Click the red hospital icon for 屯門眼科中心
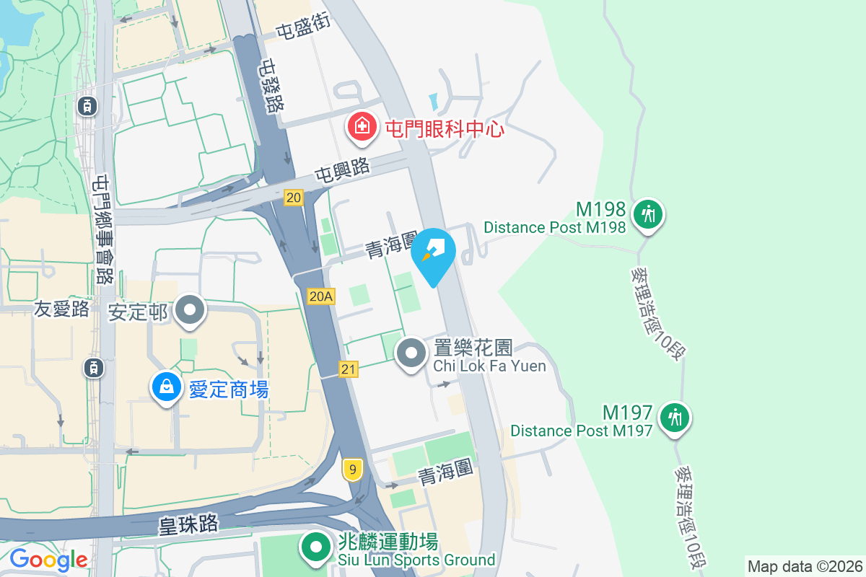tap(362, 127)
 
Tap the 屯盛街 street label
tap(304, 27)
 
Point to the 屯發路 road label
tap(272, 86)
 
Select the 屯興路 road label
tap(342, 171)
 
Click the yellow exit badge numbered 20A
tap(321, 296)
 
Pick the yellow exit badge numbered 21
tap(349, 369)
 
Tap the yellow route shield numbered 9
tap(352, 470)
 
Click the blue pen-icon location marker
tap(433, 253)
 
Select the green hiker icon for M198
tap(648, 214)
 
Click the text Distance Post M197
tap(581, 431)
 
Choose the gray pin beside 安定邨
tap(191, 310)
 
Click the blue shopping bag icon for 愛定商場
tap(167, 387)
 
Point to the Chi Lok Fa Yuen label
tap(489, 366)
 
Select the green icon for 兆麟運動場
tap(315, 547)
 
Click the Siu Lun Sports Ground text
tap(417, 560)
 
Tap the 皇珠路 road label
tap(188, 524)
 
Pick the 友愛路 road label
tap(61, 309)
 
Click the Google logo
tap(48, 559)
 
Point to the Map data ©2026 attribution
tap(805, 566)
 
